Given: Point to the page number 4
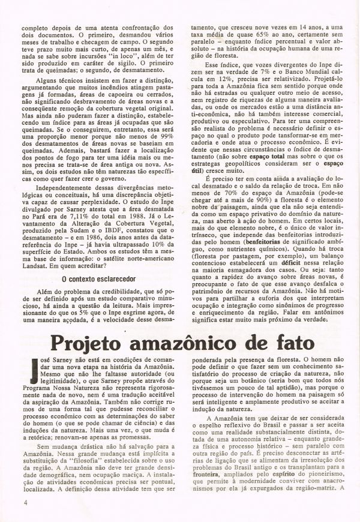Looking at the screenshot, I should (x=25, y=501).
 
